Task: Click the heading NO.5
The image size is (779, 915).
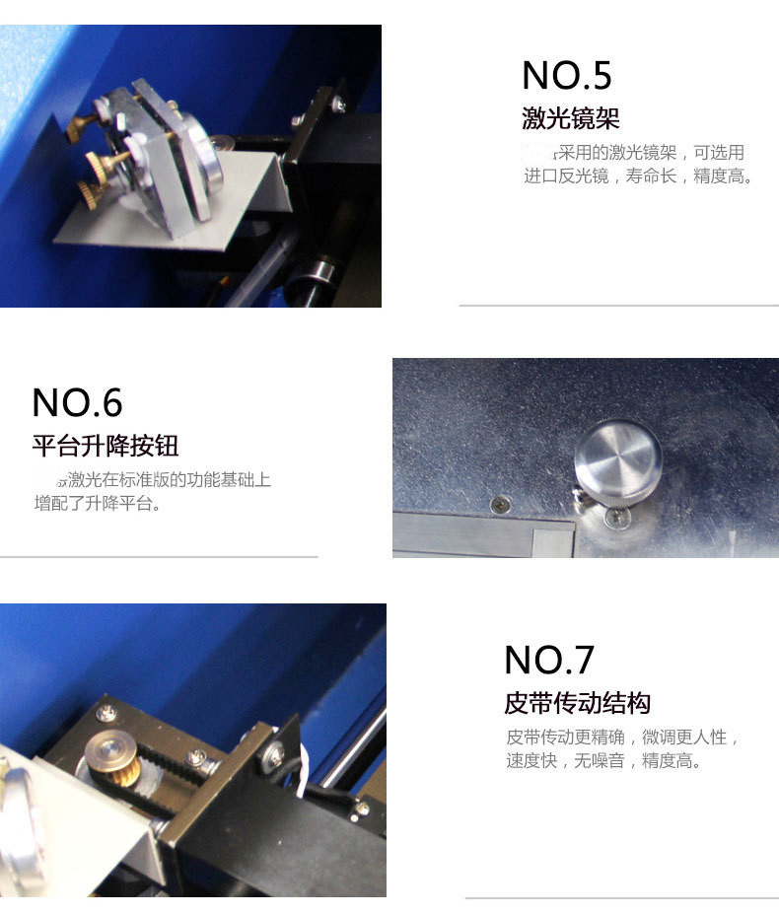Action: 566,76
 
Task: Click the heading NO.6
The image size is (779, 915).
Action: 77,402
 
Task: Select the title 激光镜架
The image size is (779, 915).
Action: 571,120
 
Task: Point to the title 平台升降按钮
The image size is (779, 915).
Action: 106,446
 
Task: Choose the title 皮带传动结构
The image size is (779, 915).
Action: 577,704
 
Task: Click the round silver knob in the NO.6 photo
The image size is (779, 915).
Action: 618,458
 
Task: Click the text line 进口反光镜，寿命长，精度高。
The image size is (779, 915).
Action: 639,177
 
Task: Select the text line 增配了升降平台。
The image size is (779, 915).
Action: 97,504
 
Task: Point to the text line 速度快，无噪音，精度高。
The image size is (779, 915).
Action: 604,761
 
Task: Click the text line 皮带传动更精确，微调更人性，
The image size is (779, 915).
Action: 622,738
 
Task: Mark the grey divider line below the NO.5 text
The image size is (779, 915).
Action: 618,306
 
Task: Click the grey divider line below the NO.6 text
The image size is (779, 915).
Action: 159,557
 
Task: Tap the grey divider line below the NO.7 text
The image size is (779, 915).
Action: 621,897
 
